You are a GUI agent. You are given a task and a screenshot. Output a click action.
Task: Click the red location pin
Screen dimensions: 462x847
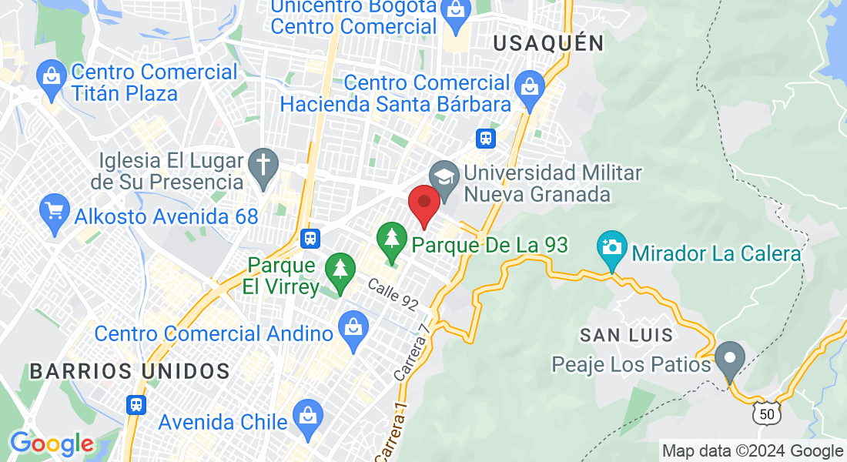click(423, 204)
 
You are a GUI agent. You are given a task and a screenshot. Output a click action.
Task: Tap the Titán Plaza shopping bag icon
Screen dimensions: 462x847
click(52, 80)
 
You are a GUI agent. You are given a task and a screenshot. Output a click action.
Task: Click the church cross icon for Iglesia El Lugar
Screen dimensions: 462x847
click(263, 168)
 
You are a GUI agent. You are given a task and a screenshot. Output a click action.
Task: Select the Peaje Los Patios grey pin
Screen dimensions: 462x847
click(729, 360)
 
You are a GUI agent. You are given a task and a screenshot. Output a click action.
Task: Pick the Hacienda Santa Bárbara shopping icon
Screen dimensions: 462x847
click(530, 86)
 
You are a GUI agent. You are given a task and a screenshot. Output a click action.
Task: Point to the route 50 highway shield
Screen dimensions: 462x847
click(766, 414)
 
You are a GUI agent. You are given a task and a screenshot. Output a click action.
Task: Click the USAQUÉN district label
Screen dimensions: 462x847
click(548, 43)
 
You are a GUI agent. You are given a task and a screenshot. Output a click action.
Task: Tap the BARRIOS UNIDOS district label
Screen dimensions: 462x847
click(129, 371)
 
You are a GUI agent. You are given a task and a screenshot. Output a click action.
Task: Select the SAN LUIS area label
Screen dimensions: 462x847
click(627, 335)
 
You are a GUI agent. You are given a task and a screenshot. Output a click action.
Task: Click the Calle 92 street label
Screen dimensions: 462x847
click(393, 295)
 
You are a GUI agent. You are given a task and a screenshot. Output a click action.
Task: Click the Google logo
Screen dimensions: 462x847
click(52, 444)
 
